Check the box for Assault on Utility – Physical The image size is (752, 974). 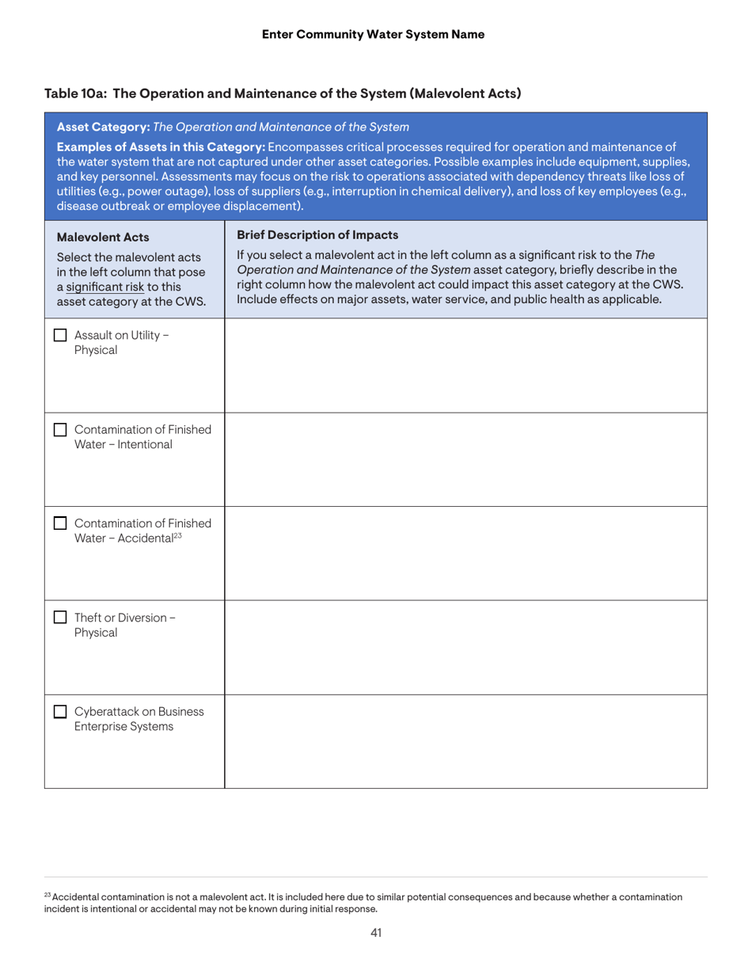point(59,336)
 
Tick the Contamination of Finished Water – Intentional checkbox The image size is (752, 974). point(59,430)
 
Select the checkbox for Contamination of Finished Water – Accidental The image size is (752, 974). point(59,524)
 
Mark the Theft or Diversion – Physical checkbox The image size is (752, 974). point(59,618)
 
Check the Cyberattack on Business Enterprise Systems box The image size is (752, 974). point(59,712)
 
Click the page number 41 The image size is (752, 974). point(376,933)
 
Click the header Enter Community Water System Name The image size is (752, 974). point(373,34)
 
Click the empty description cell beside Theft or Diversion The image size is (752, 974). point(465,648)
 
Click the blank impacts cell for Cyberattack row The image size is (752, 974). point(465,741)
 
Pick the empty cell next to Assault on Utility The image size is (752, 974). point(465,365)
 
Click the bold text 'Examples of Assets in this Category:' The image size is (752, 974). point(161,146)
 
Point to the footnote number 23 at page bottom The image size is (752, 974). point(47,895)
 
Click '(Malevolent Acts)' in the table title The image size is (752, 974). point(465,93)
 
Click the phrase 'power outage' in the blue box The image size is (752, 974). point(158,192)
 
